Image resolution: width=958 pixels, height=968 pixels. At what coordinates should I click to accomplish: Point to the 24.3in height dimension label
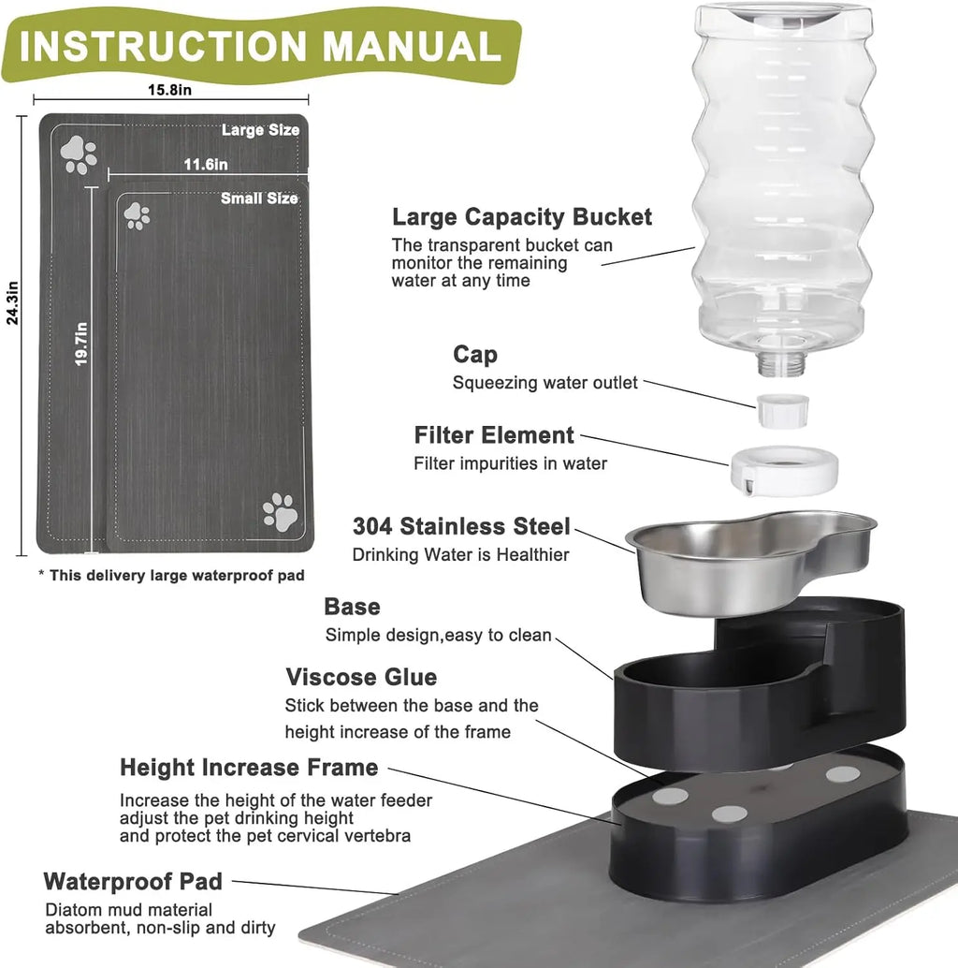[12, 305]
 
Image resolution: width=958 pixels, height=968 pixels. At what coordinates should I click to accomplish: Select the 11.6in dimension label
[206, 165]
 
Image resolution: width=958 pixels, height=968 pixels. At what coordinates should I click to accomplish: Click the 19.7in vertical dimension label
[81, 344]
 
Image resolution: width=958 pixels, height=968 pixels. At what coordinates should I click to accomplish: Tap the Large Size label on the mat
[260, 130]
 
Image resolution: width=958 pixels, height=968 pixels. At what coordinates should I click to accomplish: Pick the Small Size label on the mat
[259, 198]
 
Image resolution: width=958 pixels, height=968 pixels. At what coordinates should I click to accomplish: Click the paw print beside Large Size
[79, 154]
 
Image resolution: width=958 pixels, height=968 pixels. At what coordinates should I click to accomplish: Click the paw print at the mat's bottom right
[279, 512]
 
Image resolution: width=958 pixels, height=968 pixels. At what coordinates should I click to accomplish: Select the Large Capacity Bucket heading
[521, 217]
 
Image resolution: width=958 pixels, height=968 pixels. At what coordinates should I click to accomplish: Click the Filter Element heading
[494, 435]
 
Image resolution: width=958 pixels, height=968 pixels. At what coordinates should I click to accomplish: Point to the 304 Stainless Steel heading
[460, 526]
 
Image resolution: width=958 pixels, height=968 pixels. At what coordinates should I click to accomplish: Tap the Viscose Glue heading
[361, 677]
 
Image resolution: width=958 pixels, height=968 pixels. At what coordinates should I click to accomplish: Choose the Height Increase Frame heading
[249, 768]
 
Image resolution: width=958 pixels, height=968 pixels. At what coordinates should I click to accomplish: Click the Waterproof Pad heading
[133, 881]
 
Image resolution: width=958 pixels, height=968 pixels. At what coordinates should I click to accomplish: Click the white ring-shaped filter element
[783, 468]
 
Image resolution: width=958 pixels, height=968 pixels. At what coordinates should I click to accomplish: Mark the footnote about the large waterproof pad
[171, 575]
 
